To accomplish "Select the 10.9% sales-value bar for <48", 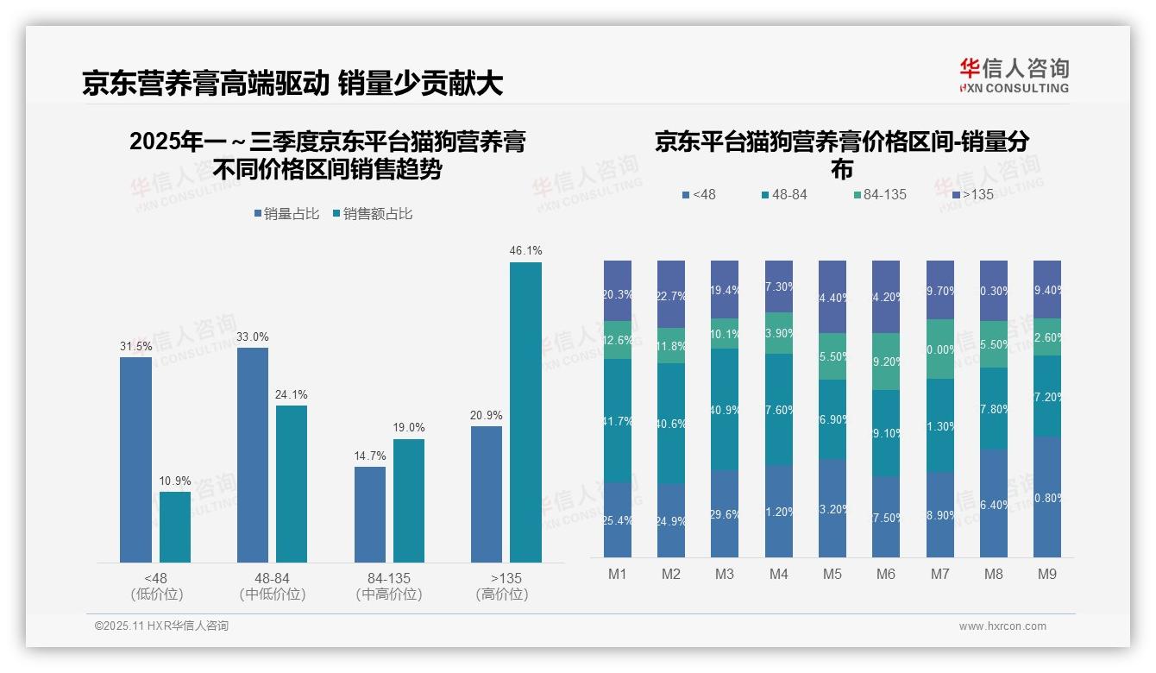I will pos(175,527).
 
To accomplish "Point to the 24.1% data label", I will pos(292,394).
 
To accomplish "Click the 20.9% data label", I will pos(487,415).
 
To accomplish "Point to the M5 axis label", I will pos(832,574).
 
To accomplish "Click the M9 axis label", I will pos(1046,574).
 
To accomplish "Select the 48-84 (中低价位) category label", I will pos(273,586).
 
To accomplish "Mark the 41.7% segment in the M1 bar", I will pos(618,420).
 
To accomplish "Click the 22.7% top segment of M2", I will pos(671,294).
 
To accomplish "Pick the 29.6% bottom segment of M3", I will pos(725,513).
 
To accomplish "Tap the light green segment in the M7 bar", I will pos(939,349).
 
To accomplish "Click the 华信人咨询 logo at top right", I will pos(1014,75).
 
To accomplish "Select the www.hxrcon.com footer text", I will pos(1002,626).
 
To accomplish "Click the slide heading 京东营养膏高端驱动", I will pos(205,83).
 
